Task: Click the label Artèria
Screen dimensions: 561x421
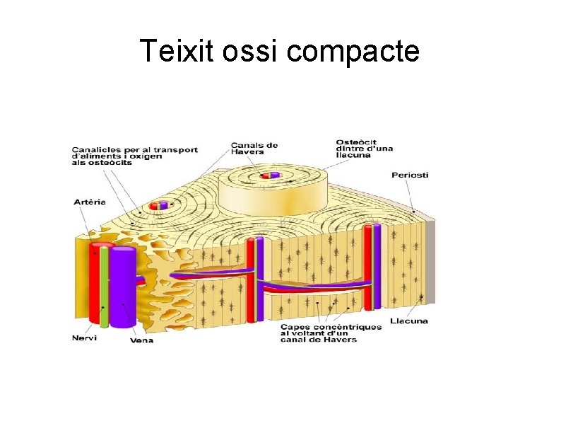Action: (x=90, y=202)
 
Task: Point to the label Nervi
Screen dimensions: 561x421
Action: (x=84, y=338)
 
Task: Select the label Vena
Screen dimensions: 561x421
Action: (x=141, y=340)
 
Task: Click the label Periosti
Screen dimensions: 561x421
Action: (x=410, y=175)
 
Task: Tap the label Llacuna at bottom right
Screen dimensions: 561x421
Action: (x=410, y=321)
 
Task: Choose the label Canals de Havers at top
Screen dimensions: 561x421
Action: (x=254, y=149)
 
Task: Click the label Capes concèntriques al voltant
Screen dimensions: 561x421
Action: (x=331, y=333)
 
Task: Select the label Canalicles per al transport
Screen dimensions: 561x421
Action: (x=134, y=156)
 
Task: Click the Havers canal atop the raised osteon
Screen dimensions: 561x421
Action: (x=269, y=175)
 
